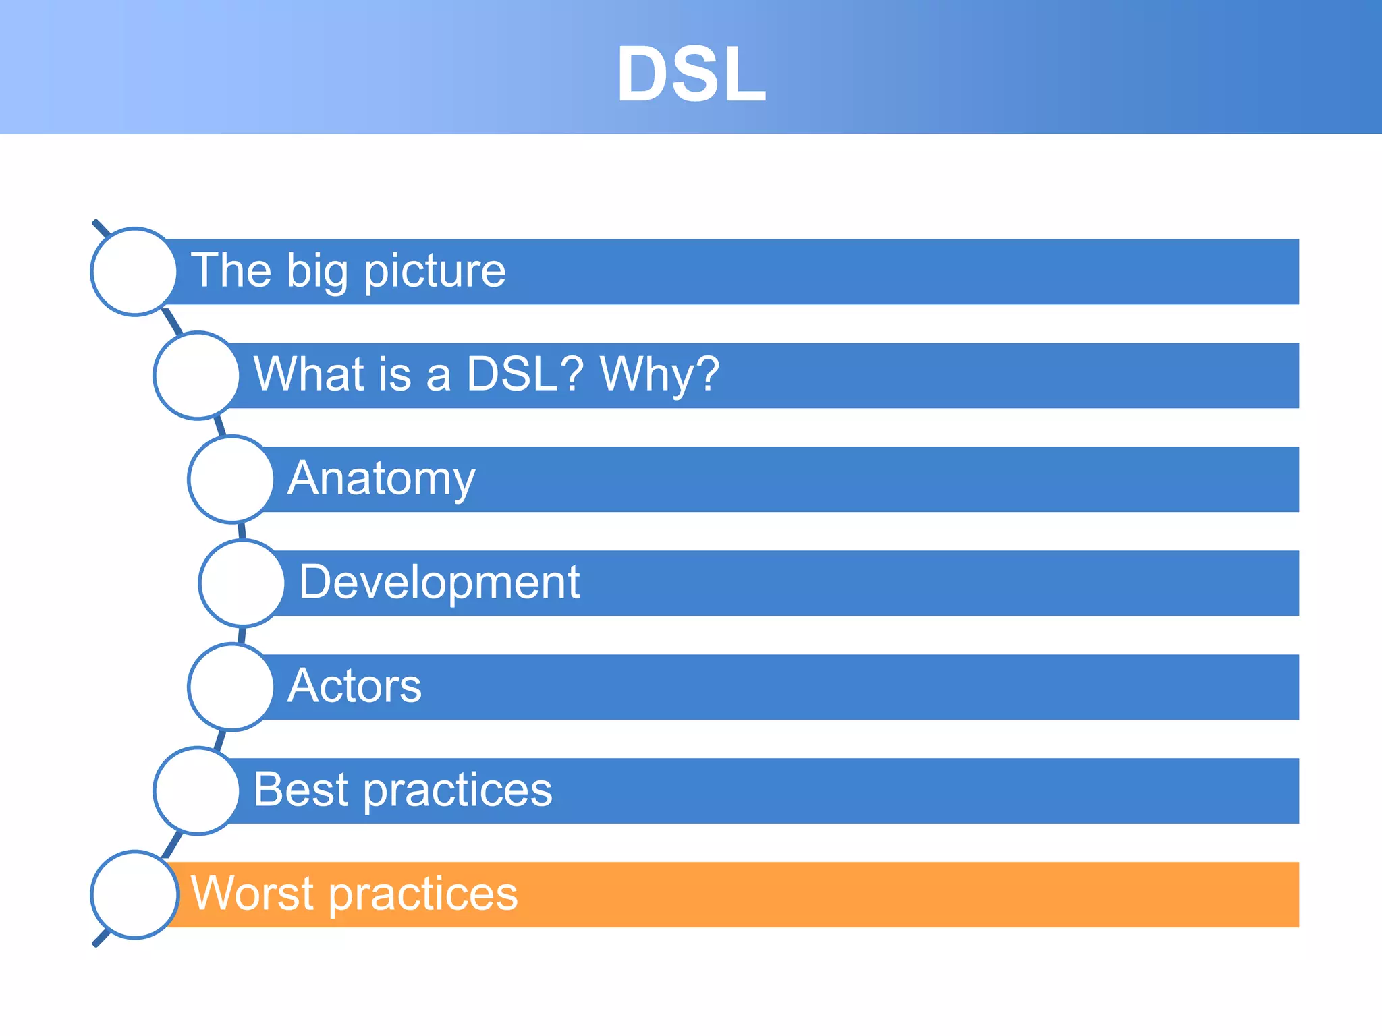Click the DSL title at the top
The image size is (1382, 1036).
[691, 74]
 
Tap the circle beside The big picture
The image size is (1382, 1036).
[134, 271]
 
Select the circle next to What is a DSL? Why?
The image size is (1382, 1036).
[196, 375]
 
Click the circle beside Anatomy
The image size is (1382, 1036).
[231, 479]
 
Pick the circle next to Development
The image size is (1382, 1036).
[242, 583]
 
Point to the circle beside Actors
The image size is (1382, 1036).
[231, 687]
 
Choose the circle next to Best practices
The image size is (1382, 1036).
[196, 790]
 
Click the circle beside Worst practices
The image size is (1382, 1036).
[134, 894]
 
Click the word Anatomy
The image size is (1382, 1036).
[381, 479]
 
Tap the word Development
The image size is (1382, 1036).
[439, 582]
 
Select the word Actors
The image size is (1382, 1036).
[354, 686]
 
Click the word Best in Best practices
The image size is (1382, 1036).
[301, 790]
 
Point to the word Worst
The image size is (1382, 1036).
[252, 894]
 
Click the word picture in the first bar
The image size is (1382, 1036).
[435, 272]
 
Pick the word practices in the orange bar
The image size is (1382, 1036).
[424, 895]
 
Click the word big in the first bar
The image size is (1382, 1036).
[317, 272]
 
